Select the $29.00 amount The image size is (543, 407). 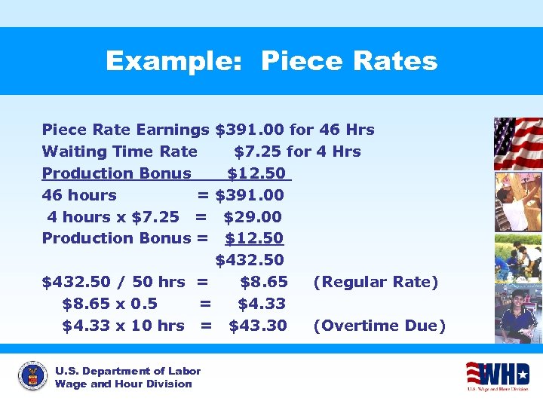click(253, 217)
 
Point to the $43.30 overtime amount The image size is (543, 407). click(258, 326)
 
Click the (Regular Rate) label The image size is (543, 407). click(376, 282)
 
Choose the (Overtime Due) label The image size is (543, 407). click(379, 326)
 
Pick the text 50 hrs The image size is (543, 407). click(158, 282)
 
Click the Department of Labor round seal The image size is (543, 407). click(32, 376)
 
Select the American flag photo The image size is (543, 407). click(517, 143)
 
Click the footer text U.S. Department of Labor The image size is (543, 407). click(128, 371)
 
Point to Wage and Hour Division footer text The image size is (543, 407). click(124, 384)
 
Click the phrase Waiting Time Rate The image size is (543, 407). click(120, 151)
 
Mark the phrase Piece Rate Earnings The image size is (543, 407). click(125, 130)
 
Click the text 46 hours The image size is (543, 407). click(79, 195)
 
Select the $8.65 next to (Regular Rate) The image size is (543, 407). click(263, 282)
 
